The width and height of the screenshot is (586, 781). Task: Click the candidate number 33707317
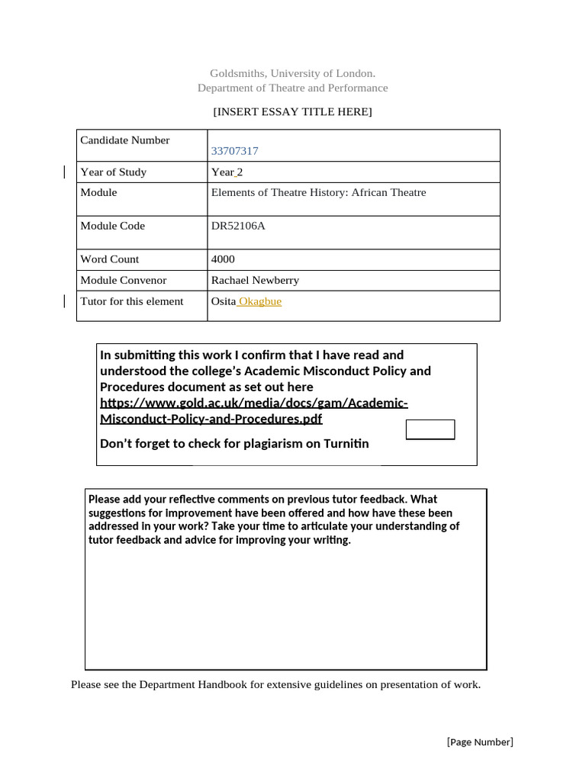(x=234, y=151)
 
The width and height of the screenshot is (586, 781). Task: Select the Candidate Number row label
(x=125, y=140)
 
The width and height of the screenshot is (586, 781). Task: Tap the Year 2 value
(x=227, y=172)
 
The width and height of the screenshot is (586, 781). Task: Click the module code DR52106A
(x=238, y=226)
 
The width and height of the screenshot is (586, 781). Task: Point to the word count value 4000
(x=223, y=259)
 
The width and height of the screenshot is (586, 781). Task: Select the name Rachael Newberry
(x=255, y=280)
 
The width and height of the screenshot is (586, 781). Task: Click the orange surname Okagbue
(x=260, y=301)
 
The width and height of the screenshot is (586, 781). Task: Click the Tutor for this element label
(x=132, y=301)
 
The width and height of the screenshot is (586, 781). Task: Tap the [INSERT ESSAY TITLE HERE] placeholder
(x=292, y=112)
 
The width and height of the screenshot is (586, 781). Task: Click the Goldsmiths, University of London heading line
(x=292, y=73)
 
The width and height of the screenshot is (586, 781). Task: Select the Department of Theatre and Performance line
(x=292, y=88)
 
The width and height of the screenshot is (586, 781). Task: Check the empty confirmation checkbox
(x=430, y=429)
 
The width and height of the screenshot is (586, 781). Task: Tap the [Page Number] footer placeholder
(x=479, y=742)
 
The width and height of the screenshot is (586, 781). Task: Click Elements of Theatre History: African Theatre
(x=318, y=192)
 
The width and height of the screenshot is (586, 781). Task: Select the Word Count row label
(x=110, y=259)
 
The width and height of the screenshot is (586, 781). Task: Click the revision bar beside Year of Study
(x=65, y=172)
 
